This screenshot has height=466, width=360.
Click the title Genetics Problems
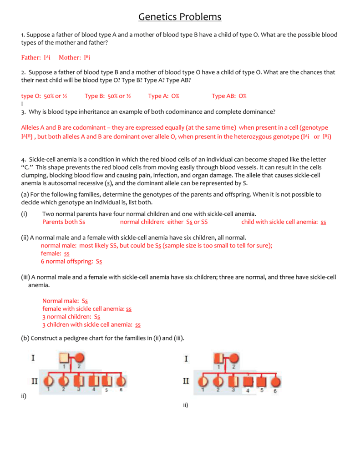tap(180, 17)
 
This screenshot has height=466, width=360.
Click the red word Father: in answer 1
tap(31, 57)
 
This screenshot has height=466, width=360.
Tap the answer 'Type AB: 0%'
tap(229, 96)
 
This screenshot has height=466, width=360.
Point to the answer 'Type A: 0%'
tap(163, 96)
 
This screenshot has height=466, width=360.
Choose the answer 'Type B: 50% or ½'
tap(108, 96)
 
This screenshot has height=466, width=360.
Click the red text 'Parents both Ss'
tap(63, 222)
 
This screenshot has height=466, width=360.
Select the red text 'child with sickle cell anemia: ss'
tap(283, 222)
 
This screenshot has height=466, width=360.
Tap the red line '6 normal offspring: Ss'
tap(71, 261)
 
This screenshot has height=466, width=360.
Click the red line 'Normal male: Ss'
tap(65, 301)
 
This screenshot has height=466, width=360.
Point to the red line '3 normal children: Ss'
tap(71, 317)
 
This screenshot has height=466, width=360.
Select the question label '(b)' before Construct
tap(25, 338)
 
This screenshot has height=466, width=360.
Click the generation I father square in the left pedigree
tap(65, 358)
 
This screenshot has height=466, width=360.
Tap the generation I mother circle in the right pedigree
tap(234, 359)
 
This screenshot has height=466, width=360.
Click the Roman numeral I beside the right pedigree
tap(186, 359)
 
